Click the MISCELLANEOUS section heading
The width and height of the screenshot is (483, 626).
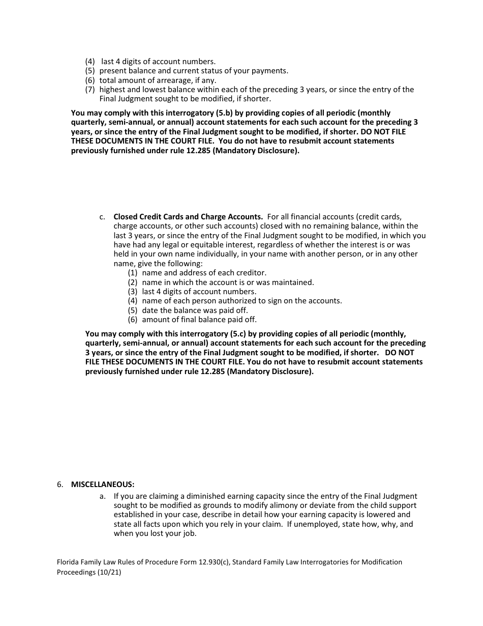(103, 484)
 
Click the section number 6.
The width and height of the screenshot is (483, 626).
(60, 484)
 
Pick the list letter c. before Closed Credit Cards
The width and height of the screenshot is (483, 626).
(103, 217)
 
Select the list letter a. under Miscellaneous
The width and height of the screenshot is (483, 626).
(103, 496)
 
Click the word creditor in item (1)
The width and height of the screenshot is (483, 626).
(250, 273)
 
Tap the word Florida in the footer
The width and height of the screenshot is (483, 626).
(69, 562)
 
